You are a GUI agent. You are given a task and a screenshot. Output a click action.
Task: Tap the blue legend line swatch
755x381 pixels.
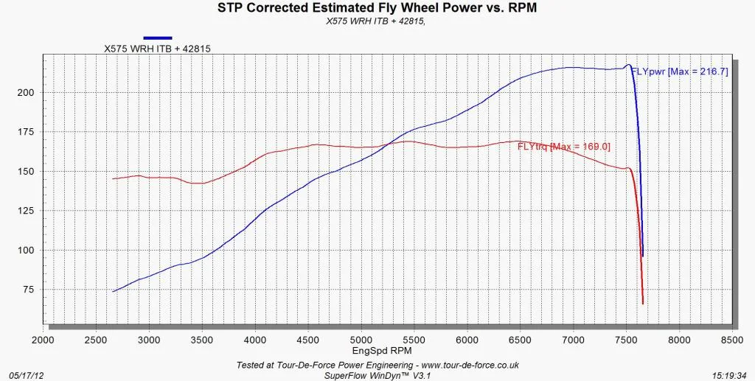(158, 38)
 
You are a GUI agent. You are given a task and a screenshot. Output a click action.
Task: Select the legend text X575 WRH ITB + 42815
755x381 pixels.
(158, 48)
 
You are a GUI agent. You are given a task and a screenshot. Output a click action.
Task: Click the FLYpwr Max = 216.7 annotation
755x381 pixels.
(679, 71)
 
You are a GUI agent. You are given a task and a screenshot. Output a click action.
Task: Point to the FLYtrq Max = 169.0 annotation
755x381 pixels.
(564, 147)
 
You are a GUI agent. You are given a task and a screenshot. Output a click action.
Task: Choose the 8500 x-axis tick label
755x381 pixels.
(732, 340)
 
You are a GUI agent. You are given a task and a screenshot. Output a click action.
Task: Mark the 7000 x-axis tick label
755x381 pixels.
(573, 340)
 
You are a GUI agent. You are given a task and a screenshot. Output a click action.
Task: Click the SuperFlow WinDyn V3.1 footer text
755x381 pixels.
(377, 375)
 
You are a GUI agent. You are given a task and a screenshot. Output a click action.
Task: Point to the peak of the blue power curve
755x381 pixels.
(628, 64)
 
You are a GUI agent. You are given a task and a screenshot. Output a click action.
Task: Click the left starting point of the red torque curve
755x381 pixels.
(113, 179)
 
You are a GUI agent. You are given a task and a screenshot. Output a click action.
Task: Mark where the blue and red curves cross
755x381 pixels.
(390, 143)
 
